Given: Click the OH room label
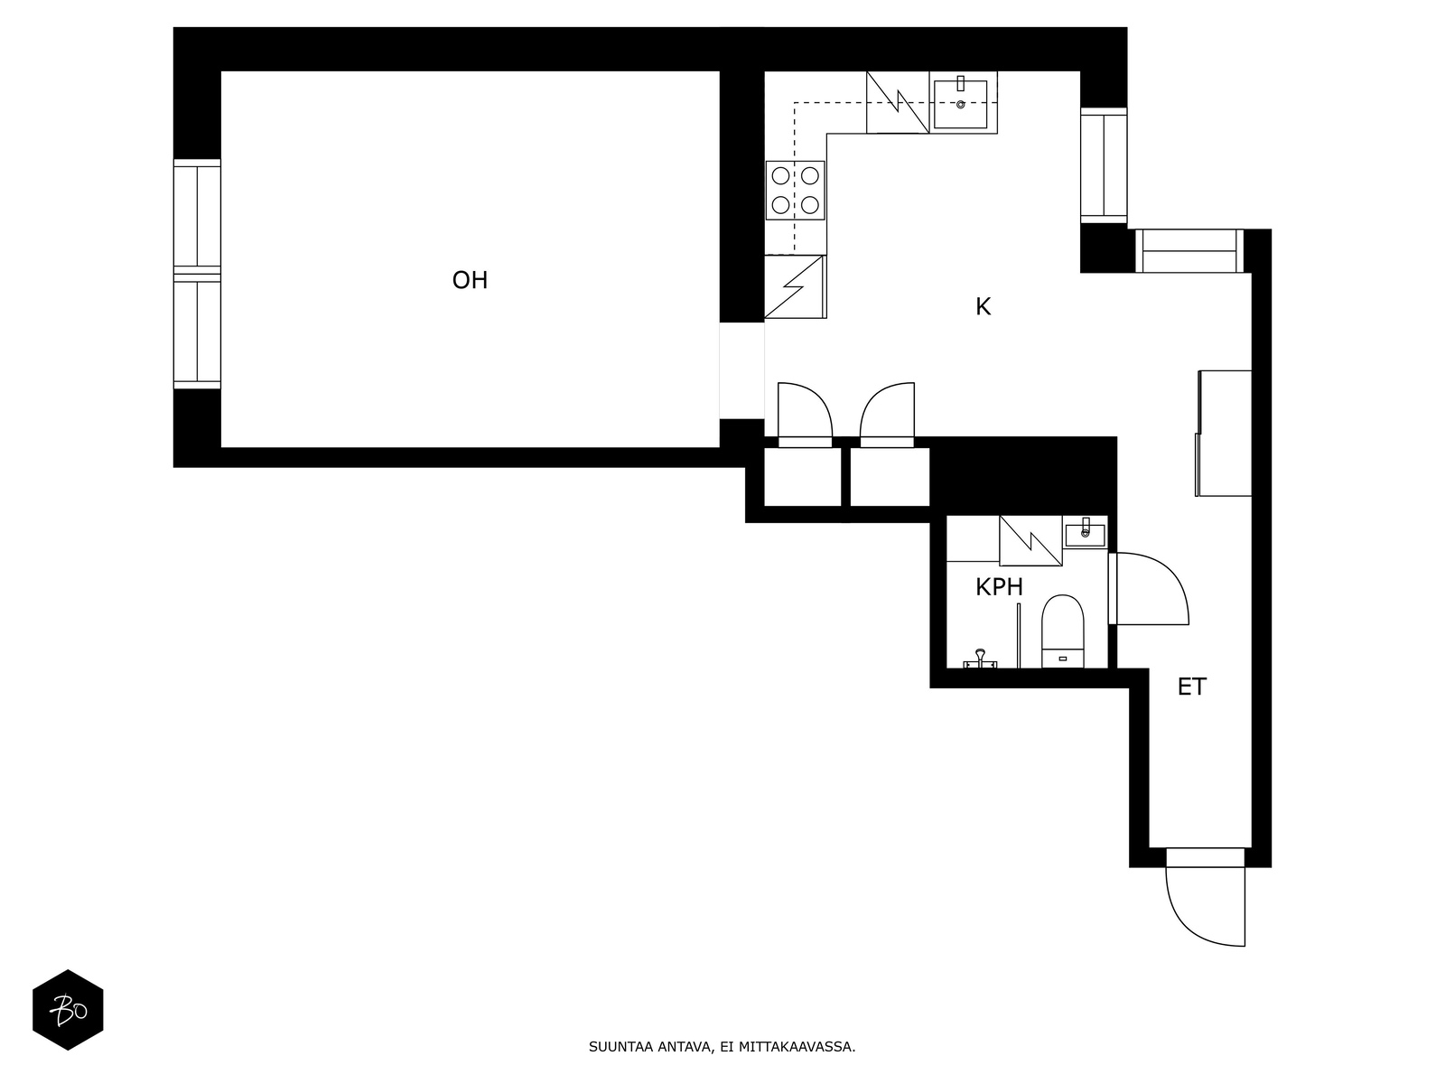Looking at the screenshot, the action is [x=470, y=280].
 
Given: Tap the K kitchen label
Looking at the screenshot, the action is [x=983, y=307].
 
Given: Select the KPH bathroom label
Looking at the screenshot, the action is [x=999, y=587].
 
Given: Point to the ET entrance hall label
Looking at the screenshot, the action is [x=1191, y=687].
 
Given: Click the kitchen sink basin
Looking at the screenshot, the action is [x=961, y=104].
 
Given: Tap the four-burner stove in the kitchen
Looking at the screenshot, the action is [x=796, y=191].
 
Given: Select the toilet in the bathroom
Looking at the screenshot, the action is [x=1062, y=631].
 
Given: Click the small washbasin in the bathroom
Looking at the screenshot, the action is [x=1086, y=532].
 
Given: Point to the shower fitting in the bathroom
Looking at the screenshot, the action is [x=980, y=659].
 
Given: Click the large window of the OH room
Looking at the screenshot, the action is [x=197, y=274].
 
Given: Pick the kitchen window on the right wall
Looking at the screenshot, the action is [x=1104, y=165].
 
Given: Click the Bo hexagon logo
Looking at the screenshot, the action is [x=68, y=1010].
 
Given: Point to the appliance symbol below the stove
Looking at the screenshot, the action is [x=795, y=287].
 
